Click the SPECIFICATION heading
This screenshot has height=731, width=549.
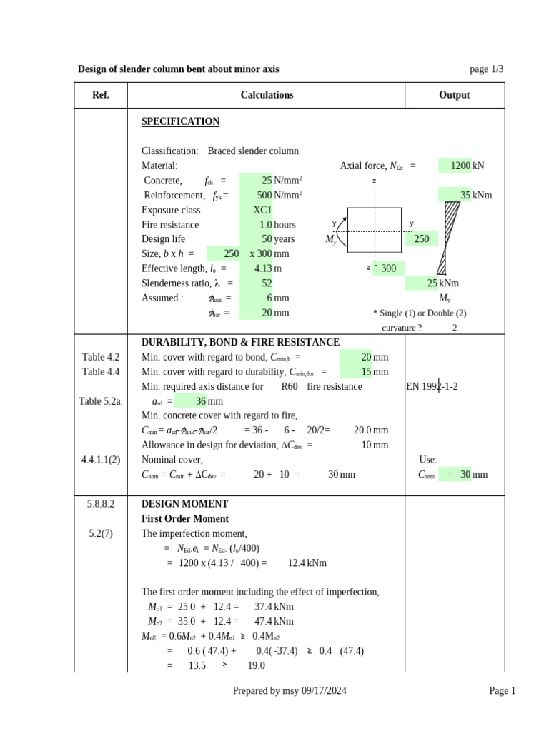tap(180, 121)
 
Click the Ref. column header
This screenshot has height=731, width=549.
tap(101, 95)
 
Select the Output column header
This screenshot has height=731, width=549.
tap(454, 95)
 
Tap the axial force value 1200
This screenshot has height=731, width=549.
tap(460, 166)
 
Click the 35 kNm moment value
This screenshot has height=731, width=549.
tap(465, 195)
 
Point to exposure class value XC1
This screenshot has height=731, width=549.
tap(262, 210)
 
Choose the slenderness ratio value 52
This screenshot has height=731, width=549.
tap(266, 283)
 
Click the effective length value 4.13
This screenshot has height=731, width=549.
tap(262, 268)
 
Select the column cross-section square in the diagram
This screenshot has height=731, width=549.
tap(375, 231)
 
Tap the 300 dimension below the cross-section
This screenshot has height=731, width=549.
tap(388, 268)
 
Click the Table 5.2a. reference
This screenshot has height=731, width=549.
tap(101, 401)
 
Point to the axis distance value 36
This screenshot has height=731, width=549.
tap(200, 401)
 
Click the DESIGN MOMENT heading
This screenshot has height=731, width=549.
tap(184, 504)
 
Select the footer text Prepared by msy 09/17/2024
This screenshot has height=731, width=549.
tap(290, 690)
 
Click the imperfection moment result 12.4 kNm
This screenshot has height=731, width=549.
tap(307, 563)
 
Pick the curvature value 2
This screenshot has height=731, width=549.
tap(455, 328)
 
